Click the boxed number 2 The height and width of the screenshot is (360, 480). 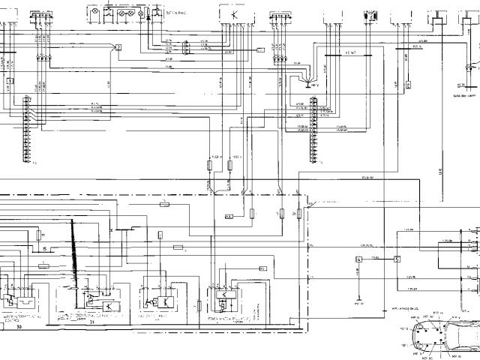tap(118, 47)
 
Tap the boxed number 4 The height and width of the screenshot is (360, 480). tap(359, 259)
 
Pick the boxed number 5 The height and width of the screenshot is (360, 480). tap(397, 259)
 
